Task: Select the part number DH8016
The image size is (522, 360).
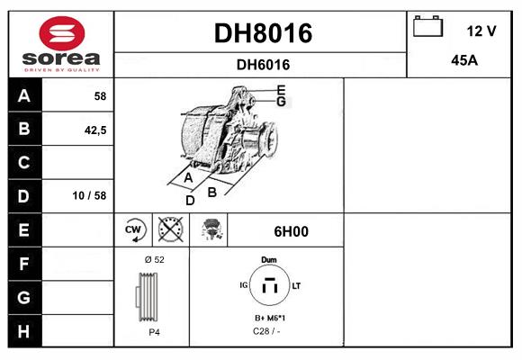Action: [x=262, y=33]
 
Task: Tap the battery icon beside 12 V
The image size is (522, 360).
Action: [x=427, y=28]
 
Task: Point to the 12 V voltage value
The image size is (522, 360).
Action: [x=481, y=31]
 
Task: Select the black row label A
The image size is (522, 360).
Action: [x=23, y=95]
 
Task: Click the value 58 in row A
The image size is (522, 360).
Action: [x=101, y=95]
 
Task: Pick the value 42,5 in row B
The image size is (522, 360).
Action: [x=94, y=130]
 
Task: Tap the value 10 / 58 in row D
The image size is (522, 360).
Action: [x=94, y=196]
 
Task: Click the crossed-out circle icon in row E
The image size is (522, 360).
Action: [x=169, y=230]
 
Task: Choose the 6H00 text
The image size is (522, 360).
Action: [x=291, y=231]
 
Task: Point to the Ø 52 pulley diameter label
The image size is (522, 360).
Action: [x=154, y=259]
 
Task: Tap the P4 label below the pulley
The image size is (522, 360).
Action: [x=154, y=332]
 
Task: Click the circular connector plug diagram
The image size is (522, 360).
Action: [x=268, y=287]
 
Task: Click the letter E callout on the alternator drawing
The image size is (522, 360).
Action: [x=281, y=89]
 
